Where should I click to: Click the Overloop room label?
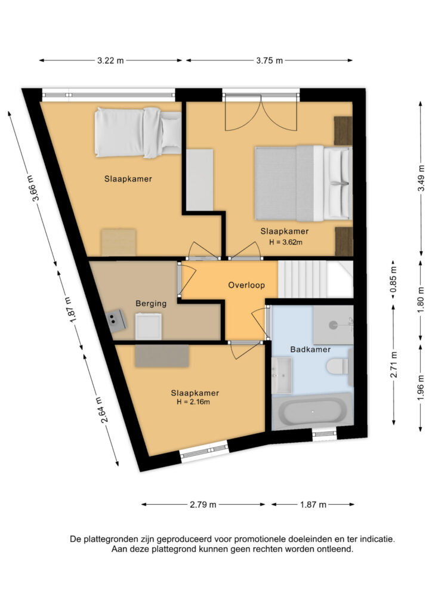[x=246, y=285]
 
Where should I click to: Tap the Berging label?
[x=151, y=304]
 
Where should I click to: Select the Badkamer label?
[x=310, y=350]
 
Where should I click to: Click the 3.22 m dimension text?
[x=110, y=60]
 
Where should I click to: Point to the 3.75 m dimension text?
[x=270, y=60]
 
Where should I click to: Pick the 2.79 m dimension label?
[x=203, y=505]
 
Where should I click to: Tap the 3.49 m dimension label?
[x=421, y=178]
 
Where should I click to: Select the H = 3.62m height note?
[x=286, y=242]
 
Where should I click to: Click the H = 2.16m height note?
[x=193, y=402]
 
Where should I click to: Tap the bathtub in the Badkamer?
[x=313, y=412]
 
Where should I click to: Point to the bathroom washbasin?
[x=282, y=375]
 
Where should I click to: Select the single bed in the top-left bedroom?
[x=138, y=132]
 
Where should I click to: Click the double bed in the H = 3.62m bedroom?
[x=304, y=183]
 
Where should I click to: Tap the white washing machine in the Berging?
[x=149, y=326]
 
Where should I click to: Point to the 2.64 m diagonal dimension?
[x=100, y=410]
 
